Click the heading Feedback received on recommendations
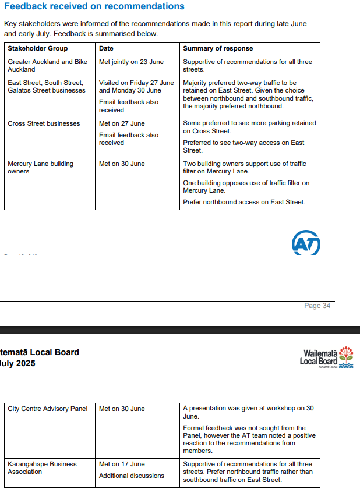pyautogui.click(x=94, y=6)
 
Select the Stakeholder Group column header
pyautogui.click(x=37, y=48)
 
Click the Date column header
pyautogui.click(x=106, y=48)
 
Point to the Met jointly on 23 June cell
pyautogui.click(x=131, y=62)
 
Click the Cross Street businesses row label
pyautogui.click(x=44, y=123)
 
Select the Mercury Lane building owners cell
pyautogui.click(x=40, y=168)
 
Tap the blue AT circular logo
pyautogui.click(x=306, y=244)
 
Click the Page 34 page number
pyautogui.click(x=317, y=306)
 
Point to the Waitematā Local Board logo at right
pyautogui.click(x=326, y=357)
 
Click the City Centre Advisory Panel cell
pyautogui.click(x=47, y=409)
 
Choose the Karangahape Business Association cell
pyautogui.click(x=42, y=467)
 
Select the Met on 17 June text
pyautogui.click(x=122, y=464)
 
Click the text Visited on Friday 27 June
pyautogui.click(x=136, y=83)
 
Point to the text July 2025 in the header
pyautogui.click(x=18, y=364)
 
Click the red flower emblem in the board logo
pyautogui.click(x=346, y=353)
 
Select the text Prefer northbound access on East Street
pyautogui.click(x=243, y=203)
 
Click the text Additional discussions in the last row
pyautogui.click(x=132, y=476)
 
